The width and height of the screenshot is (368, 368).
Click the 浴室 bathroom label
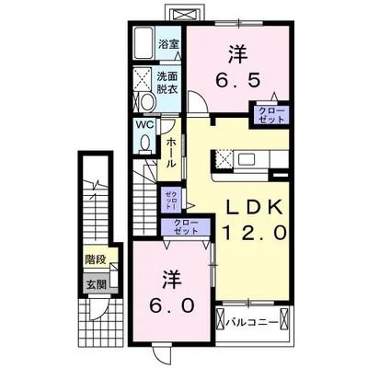tap(168, 44)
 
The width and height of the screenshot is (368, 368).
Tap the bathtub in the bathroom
tap(144, 43)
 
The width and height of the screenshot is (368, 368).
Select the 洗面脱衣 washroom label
tap(167, 83)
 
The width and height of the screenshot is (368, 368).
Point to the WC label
tap(146, 125)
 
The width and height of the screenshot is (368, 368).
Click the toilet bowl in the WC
tap(145, 143)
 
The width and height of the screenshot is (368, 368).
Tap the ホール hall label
tap(171, 153)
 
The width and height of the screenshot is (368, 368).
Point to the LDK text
tap(254, 207)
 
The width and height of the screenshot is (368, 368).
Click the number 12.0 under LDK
tap(254, 233)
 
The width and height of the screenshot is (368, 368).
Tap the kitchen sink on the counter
tap(247, 159)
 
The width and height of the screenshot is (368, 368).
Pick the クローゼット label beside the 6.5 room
tap(271, 115)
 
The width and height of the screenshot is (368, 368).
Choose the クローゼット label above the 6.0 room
tap(186, 226)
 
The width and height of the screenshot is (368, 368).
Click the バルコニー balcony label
tap(252, 323)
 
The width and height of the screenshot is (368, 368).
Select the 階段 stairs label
tap(96, 259)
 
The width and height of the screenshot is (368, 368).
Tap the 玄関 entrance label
tap(96, 284)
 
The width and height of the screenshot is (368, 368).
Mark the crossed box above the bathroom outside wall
tap(184, 14)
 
